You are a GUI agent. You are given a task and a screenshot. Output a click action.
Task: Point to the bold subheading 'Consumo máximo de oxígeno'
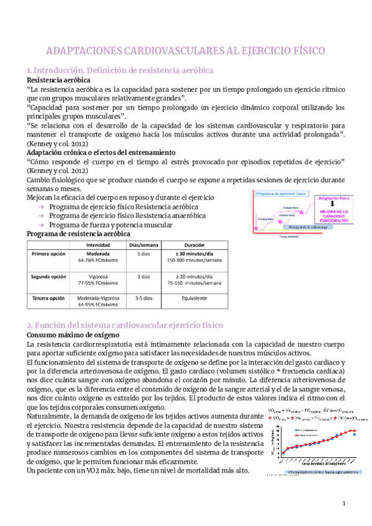[x=68, y=336]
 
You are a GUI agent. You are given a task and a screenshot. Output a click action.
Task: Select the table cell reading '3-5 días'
[x=143, y=298]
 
